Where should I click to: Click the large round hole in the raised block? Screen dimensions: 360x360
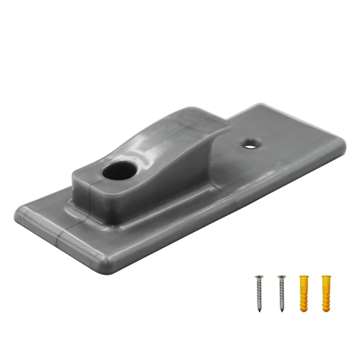(x=119, y=170)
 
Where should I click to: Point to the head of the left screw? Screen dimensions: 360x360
(x=259, y=277)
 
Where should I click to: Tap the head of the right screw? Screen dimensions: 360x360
(x=281, y=277)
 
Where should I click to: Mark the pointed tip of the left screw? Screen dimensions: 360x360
(x=259, y=310)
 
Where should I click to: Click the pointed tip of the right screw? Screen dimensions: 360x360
(x=282, y=310)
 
